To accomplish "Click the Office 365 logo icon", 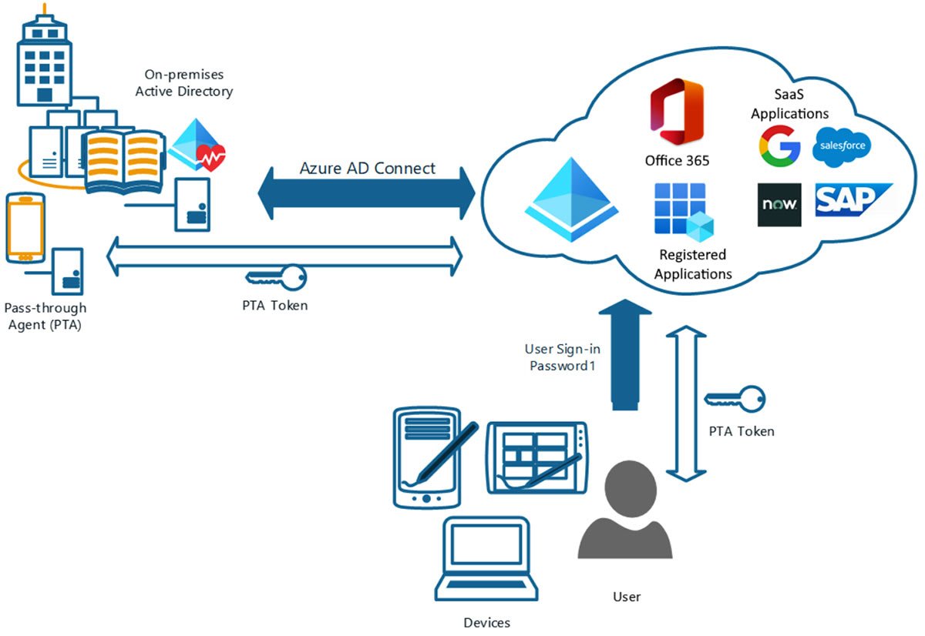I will [676, 112].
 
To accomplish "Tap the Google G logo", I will [779, 146].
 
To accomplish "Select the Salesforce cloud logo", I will [842, 146].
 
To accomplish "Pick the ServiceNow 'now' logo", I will [779, 205].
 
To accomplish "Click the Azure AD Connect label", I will [367, 169].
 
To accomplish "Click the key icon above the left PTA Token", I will [276, 276].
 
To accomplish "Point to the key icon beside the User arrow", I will [735, 399].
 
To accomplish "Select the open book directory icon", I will [123, 161].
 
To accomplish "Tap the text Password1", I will [563, 367].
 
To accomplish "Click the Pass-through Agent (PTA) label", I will [45, 316].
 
